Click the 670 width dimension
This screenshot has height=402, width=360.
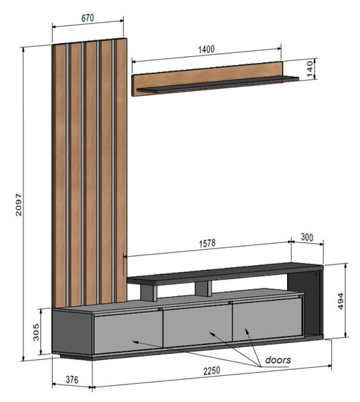click(x=88, y=18)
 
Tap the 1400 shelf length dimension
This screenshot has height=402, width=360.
click(x=206, y=49)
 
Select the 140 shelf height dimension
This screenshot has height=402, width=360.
click(x=310, y=68)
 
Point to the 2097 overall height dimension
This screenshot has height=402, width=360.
click(x=19, y=204)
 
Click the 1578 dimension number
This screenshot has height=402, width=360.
click(x=207, y=243)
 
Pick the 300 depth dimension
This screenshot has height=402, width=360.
click(x=307, y=237)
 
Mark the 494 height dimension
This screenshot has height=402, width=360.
click(x=341, y=301)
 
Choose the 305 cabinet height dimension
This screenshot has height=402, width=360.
click(x=36, y=332)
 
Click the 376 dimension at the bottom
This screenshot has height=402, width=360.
click(x=72, y=380)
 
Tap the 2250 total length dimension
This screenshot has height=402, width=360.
click(x=212, y=371)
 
